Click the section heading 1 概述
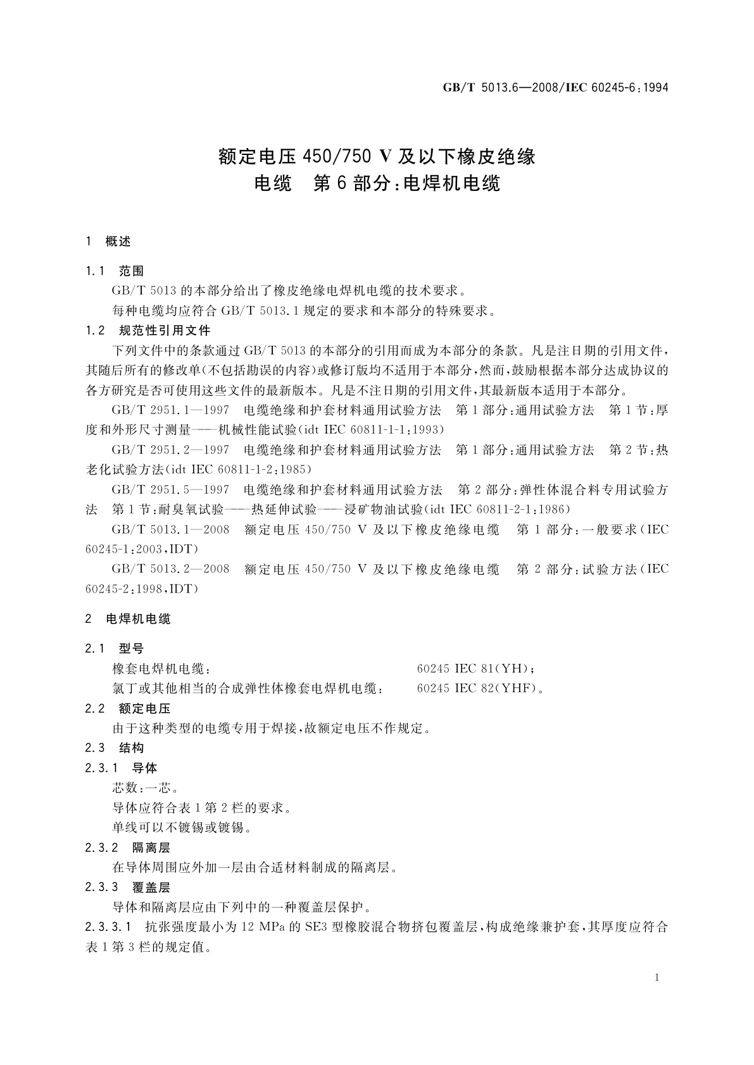click(108, 241)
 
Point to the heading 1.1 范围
click(115, 271)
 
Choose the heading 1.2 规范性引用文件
click(148, 330)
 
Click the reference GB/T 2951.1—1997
click(170, 410)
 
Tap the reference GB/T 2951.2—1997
click(170, 450)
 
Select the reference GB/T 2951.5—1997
click(170, 490)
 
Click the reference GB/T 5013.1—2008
click(170, 530)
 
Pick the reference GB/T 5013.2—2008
click(170, 569)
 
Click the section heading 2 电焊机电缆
click(128, 619)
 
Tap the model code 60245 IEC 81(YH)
click(477, 669)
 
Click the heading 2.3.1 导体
click(122, 768)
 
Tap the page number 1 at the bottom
click(657, 978)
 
